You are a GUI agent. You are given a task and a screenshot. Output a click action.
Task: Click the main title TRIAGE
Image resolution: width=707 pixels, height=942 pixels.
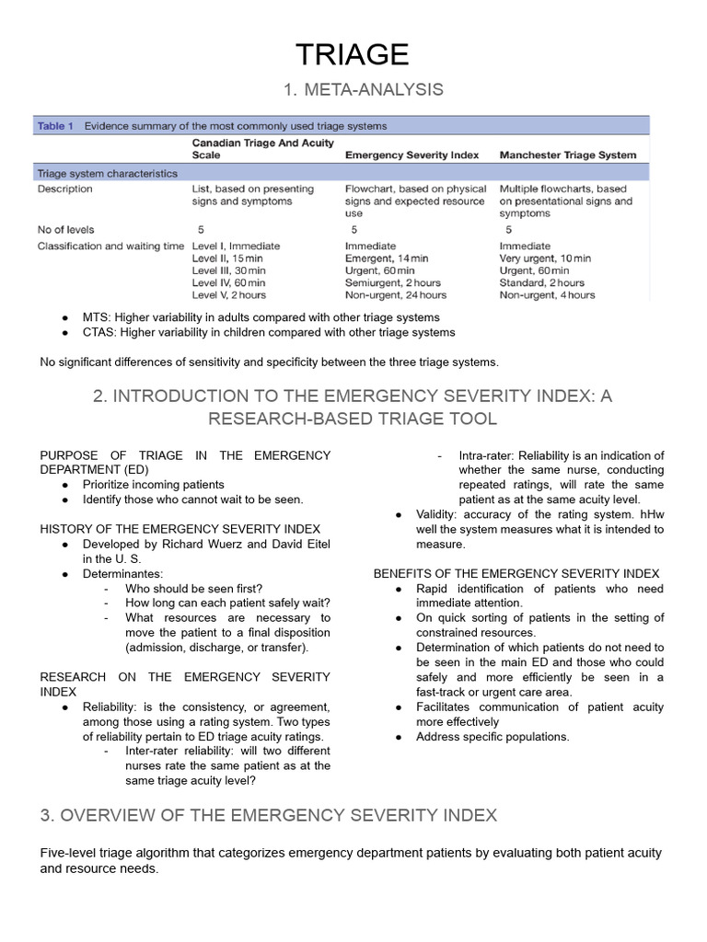pyautogui.click(x=353, y=54)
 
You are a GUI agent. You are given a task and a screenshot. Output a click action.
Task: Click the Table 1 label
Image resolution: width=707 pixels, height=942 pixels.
pyautogui.click(x=55, y=126)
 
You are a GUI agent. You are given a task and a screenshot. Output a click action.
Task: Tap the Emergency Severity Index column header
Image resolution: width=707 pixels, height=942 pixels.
pyautogui.click(x=411, y=155)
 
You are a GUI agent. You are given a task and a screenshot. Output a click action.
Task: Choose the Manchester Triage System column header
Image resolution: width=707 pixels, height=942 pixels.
pyautogui.click(x=568, y=155)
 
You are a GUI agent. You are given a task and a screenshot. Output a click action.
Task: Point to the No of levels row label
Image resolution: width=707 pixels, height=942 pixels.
pyautogui.click(x=65, y=229)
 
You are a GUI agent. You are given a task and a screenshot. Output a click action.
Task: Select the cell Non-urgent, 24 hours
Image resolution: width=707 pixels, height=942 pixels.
pyautogui.click(x=396, y=295)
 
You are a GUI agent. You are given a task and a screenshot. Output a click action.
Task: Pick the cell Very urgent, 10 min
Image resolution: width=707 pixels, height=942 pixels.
pyautogui.click(x=545, y=258)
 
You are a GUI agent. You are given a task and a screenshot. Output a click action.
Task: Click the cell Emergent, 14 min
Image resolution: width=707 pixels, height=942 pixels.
pyautogui.click(x=387, y=258)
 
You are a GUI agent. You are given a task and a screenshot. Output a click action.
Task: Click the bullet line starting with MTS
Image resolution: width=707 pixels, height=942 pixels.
pyautogui.click(x=261, y=317)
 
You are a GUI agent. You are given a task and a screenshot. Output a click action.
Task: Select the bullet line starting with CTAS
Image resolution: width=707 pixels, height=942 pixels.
pyautogui.click(x=268, y=332)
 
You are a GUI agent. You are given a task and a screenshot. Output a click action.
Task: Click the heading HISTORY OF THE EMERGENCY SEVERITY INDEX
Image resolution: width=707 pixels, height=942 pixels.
pyautogui.click(x=180, y=529)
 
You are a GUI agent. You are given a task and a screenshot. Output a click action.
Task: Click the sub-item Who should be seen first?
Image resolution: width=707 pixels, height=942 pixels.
pyautogui.click(x=194, y=588)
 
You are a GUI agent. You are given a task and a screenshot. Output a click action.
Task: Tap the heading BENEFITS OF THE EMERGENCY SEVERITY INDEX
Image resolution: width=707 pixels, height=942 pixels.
pyautogui.click(x=516, y=573)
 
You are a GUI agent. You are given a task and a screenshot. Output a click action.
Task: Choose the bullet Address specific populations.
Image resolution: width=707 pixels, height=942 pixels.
pyautogui.click(x=493, y=736)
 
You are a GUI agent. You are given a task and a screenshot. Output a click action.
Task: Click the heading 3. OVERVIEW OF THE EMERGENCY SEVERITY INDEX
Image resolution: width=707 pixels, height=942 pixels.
pyautogui.click(x=269, y=815)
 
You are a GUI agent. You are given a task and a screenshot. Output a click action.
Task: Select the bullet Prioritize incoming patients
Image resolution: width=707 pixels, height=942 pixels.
pyautogui.click(x=153, y=484)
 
